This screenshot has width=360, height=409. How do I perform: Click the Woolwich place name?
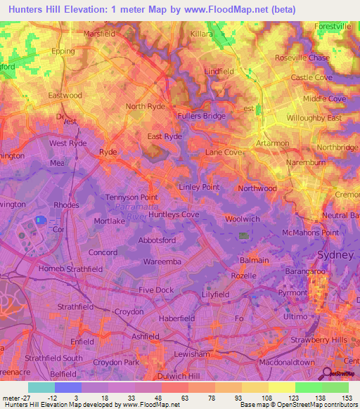pos(243,219)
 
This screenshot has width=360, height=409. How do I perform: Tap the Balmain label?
pos(254,260)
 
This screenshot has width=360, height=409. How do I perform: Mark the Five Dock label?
pos(156,290)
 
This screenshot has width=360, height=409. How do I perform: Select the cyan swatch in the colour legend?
pos(41,387)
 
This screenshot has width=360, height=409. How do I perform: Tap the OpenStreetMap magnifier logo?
pos(326,373)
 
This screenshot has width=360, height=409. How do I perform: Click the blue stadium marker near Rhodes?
pos(41,220)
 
